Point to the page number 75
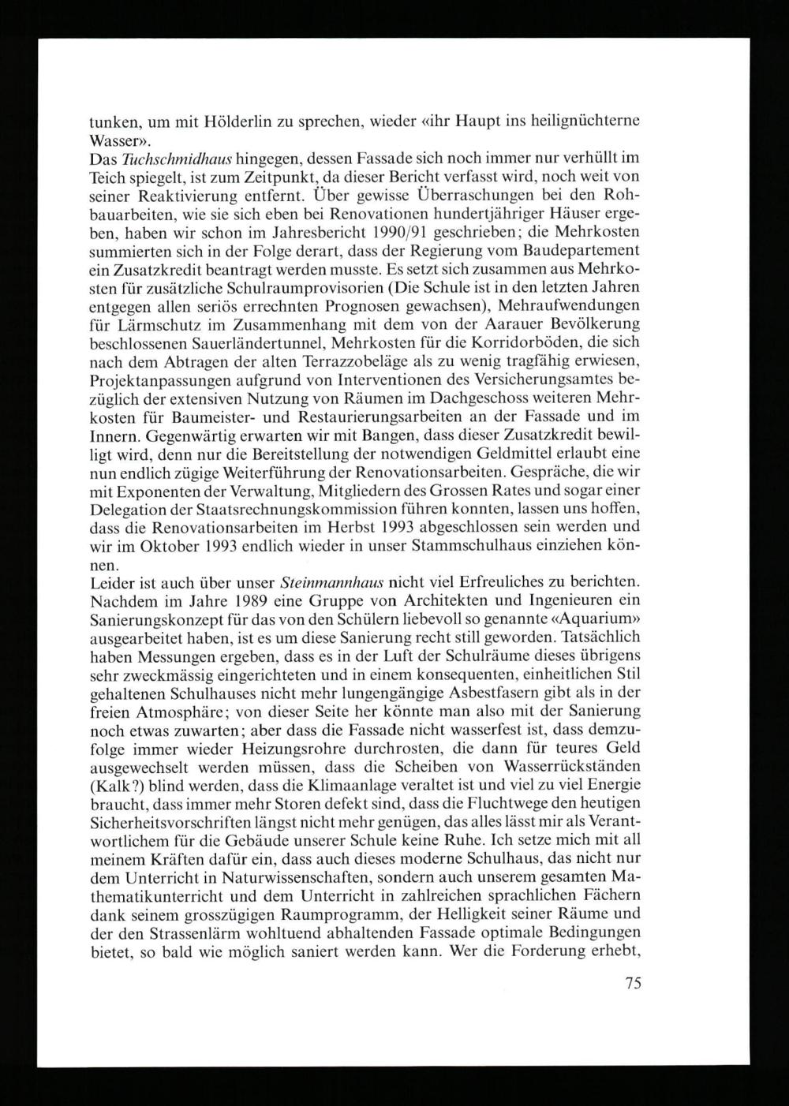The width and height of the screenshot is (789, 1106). tap(632, 982)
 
